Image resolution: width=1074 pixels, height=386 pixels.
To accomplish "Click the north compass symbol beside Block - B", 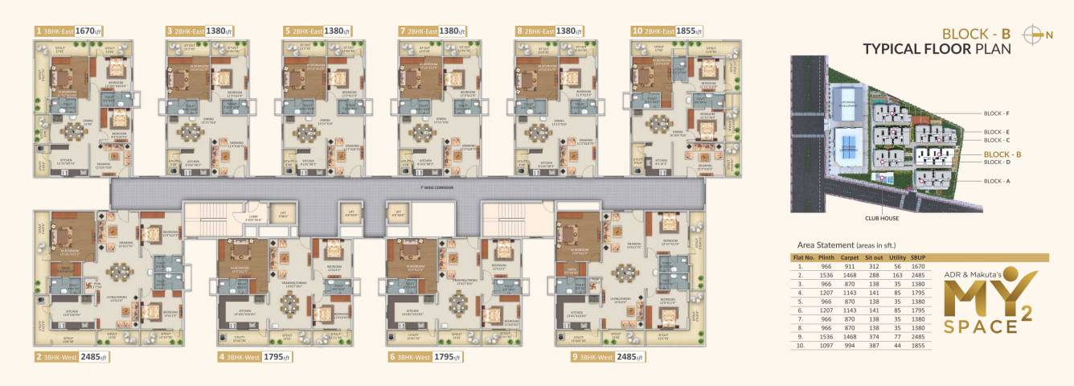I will (1035, 34).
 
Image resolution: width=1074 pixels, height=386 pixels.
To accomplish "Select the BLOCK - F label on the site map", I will (995, 114).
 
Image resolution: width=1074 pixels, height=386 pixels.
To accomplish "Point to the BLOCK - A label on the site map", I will (995, 181).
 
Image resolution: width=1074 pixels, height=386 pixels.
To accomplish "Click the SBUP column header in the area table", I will (920, 258).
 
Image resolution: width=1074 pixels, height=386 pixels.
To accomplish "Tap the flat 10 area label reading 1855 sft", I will (690, 31).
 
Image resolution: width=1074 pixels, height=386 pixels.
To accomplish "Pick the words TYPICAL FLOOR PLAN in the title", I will (937, 49).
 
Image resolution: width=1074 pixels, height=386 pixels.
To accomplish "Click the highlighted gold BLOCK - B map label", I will (1002, 154).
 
